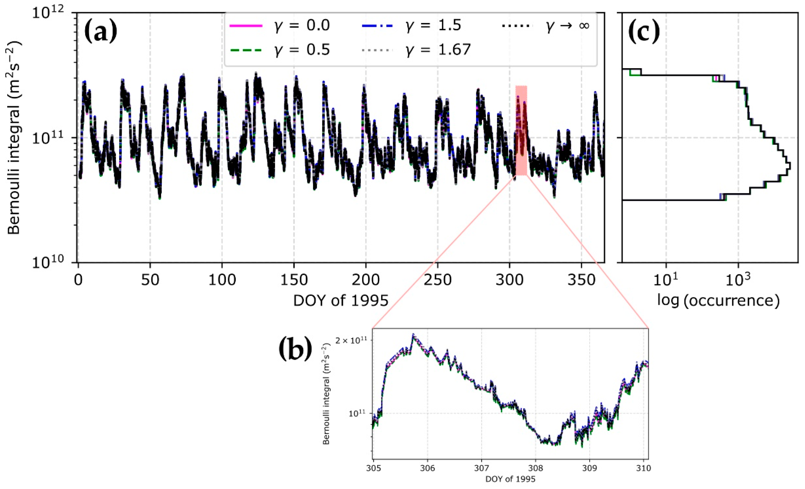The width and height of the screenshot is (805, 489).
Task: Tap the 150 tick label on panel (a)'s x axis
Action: point(294,280)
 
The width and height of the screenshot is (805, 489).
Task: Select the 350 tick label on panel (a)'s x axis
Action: point(581,280)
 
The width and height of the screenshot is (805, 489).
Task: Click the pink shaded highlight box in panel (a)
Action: point(521,131)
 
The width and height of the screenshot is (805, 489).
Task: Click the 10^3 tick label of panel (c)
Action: point(738,280)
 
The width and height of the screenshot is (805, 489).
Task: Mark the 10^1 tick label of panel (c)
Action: point(666,280)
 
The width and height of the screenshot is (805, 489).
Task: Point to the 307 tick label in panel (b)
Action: point(481,468)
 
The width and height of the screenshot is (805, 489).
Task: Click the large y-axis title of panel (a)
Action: point(14,137)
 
